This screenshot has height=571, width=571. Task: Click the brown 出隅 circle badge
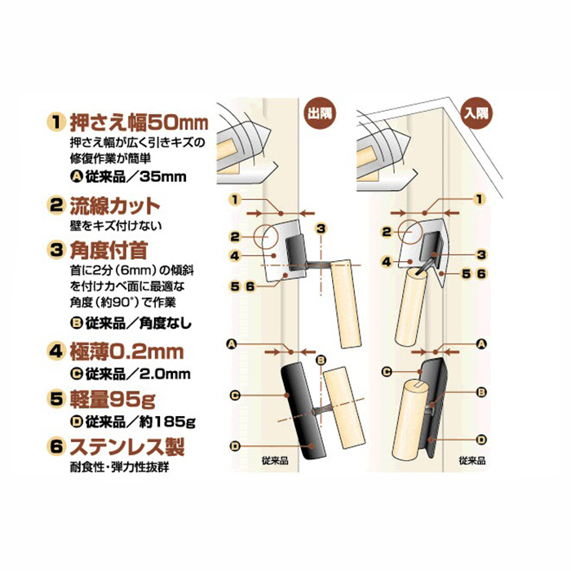click(x=320, y=113)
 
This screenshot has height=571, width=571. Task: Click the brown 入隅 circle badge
click(x=476, y=113)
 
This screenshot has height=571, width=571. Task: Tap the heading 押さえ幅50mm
click(x=139, y=123)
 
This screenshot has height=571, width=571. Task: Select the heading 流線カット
click(x=115, y=206)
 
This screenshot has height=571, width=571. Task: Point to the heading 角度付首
click(x=108, y=250)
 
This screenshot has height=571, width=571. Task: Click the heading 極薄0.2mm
click(x=126, y=352)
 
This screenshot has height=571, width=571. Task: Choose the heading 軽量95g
click(x=113, y=399)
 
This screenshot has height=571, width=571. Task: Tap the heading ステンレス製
click(x=127, y=446)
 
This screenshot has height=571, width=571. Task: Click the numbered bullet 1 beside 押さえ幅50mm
click(x=55, y=122)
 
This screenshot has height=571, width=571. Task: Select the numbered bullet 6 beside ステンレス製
click(x=55, y=446)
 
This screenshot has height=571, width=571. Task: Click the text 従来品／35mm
click(x=135, y=177)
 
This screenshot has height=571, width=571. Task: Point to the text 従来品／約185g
click(x=140, y=422)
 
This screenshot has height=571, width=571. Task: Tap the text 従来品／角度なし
click(x=138, y=323)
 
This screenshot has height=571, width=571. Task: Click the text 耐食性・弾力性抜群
click(x=119, y=467)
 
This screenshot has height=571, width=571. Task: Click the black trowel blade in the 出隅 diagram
click(x=303, y=411)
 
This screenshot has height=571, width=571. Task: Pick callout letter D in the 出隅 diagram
click(x=235, y=445)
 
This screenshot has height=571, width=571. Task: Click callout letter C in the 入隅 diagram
click(x=387, y=371)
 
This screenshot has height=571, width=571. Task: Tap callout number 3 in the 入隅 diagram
click(x=481, y=255)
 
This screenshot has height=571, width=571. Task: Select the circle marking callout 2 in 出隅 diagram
click(x=266, y=237)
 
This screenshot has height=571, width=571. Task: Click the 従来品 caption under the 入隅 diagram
click(x=472, y=461)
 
